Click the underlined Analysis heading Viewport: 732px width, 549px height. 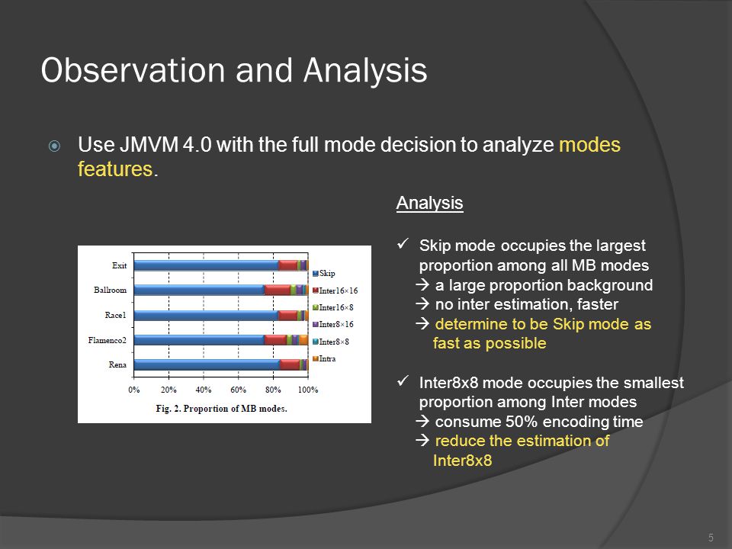pyautogui.click(x=429, y=204)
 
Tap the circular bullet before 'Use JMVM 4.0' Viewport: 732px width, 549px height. pyautogui.click(x=55, y=146)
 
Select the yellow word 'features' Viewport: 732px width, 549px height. pyautogui.click(x=115, y=169)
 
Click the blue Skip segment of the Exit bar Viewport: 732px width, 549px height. pyautogui.click(x=206, y=265)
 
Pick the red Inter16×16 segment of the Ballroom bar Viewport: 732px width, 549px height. pyautogui.click(x=278, y=290)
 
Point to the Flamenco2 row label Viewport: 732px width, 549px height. pyautogui.click(x=107, y=340)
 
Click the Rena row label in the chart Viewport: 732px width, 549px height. pyautogui.click(x=117, y=364)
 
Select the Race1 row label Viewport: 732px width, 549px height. pyautogui.click(x=115, y=315)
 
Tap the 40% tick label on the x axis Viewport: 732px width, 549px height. pyautogui.click(x=204, y=390)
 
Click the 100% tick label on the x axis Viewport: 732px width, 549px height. pyautogui.click(x=308, y=390)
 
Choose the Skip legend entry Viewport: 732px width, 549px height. pyautogui.click(x=323, y=273)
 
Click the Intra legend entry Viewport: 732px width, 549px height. pyautogui.click(x=324, y=358)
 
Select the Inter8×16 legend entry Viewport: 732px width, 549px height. pyautogui.click(x=333, y=325)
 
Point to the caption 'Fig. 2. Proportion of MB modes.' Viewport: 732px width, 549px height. pyautogui.click(x=221, y=409)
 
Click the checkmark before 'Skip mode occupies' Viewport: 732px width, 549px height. pyautogui.click(x=403, y=244)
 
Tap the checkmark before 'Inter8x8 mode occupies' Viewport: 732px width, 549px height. pyautogui.click(x=403, y=381)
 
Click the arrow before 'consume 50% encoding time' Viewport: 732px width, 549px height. pyautogui.click(x=422, y=422)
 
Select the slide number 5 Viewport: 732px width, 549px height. pyautogui.click(x=711, y=538)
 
